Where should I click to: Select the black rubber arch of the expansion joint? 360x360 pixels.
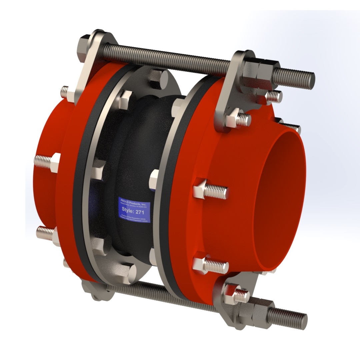tap(133, 160)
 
